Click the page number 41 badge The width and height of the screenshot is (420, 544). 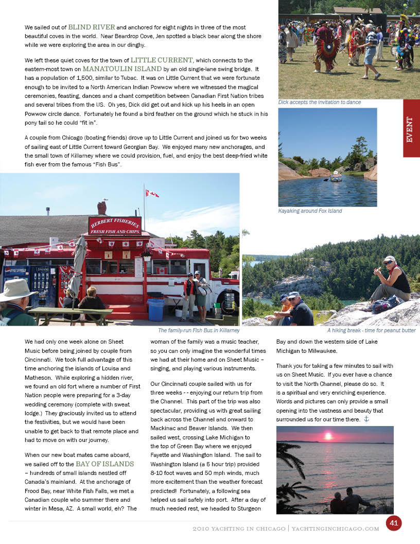point(394,523)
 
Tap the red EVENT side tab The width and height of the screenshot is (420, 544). point(411,129)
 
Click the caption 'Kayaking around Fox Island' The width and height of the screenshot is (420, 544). point(310,211)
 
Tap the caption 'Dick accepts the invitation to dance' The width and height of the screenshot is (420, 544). point(319,102)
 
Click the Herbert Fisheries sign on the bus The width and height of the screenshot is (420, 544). point(114,225)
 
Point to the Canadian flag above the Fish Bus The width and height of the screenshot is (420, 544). point(152,193)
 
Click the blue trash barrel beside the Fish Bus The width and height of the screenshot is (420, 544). point(156,310)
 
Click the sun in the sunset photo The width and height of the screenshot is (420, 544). point(327,436)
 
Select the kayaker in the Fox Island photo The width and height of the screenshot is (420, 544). point(336,176)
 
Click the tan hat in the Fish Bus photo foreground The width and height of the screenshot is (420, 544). point(17,289)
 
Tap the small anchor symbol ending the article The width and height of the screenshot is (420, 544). point(366,419)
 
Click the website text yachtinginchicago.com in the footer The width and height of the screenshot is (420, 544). point(335,529)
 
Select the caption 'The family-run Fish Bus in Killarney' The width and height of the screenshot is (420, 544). point(198,330)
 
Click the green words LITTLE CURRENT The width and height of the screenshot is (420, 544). point(162,60)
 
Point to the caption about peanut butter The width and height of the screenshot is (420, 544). point(371,330)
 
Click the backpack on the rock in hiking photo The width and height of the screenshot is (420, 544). point(387,305)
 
